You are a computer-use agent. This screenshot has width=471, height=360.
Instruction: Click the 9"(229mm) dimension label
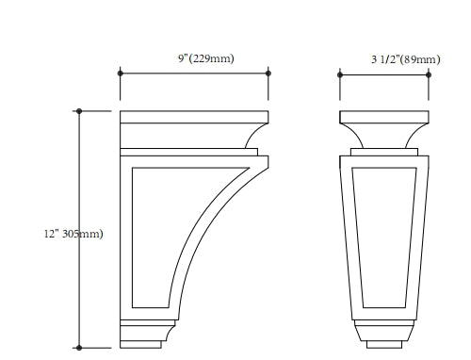coord(206,58)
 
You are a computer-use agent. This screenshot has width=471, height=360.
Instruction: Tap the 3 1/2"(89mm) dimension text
coord(406,59)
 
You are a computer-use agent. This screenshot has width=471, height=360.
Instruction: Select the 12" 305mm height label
coord(73,234)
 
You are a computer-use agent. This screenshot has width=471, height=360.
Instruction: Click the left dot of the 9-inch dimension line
coord(121,74)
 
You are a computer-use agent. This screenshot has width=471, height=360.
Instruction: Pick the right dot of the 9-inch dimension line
coord(268,74)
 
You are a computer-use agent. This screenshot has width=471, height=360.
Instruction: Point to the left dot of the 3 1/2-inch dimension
coord(340,74)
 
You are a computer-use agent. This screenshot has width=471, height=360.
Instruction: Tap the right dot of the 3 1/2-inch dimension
coord(429,74)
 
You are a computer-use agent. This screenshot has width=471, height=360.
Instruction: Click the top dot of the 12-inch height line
coord(79,111)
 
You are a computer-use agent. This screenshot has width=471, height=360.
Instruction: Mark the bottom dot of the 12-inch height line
coord(79,348)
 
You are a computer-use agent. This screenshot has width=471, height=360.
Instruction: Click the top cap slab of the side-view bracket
coord(194,117)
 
